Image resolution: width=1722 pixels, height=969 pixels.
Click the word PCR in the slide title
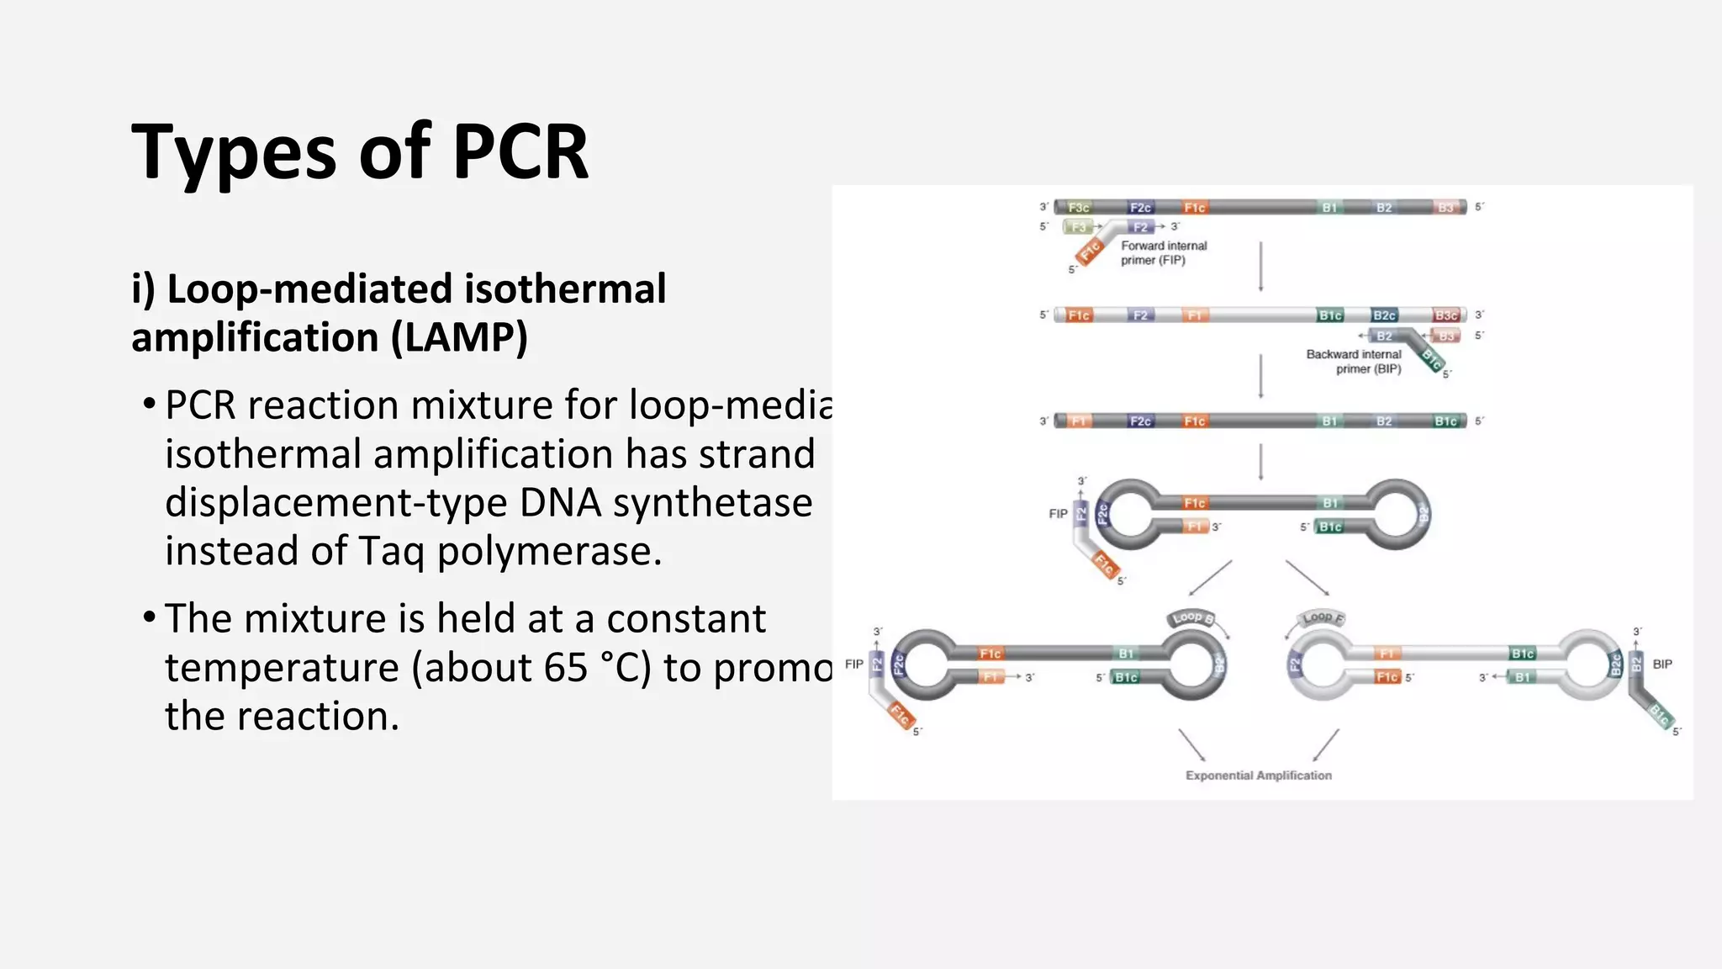520,152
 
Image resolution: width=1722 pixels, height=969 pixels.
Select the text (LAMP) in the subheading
459,338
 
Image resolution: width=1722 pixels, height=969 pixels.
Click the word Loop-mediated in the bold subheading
311,289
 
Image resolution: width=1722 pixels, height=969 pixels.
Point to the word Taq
392,552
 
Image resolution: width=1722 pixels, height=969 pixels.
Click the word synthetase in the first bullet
712,503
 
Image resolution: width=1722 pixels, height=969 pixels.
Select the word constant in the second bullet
686,619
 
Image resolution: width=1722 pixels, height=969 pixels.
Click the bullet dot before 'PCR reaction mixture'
149,405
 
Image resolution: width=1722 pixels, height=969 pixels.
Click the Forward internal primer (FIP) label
1163,253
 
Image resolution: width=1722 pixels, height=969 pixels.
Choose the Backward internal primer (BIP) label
1354,362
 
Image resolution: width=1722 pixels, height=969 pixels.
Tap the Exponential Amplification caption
1259,776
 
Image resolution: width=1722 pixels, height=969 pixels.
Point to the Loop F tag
1322,618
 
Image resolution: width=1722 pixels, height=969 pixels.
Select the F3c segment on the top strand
1078,208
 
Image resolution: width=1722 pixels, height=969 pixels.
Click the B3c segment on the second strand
1445,315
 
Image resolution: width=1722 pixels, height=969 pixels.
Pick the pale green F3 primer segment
1078,227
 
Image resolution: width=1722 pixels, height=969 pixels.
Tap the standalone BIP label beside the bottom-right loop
1662,664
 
